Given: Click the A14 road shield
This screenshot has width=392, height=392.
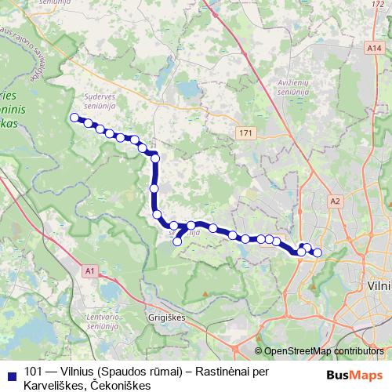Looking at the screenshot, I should [374, 49].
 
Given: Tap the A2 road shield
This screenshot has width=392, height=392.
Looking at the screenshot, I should [336, 201].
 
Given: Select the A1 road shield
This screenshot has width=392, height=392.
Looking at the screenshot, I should [89, 271].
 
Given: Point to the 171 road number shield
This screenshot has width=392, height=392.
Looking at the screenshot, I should [247, 133].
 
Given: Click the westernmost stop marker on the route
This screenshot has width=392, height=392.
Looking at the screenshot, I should [75, 118].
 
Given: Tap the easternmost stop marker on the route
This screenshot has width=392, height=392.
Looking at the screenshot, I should [318, 252].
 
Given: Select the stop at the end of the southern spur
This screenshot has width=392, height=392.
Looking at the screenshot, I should [177, 241].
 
